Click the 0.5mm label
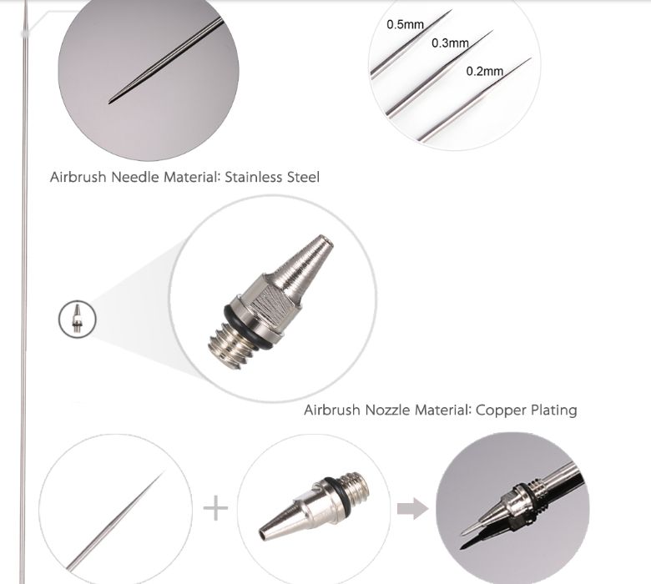[x=406, y=24]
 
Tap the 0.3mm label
[x=450, y=43]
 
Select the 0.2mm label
[x=485, y=71]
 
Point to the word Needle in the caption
[x=137, y=177]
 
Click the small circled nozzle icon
[x=78, y=318]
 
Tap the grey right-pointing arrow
[x=411, y=508]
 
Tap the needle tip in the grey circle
[x=112, y=101]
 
